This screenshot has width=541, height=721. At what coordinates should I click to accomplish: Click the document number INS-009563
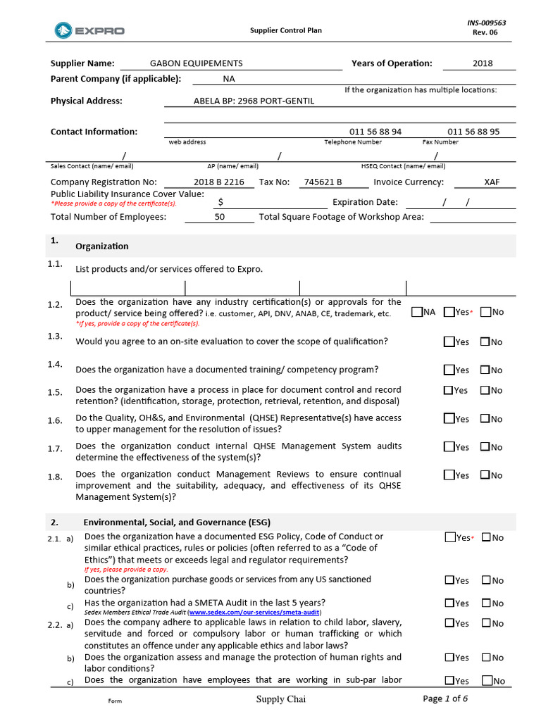(x=486, y=23)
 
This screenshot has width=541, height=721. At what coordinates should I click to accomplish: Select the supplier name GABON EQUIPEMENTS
(x=196, y=63)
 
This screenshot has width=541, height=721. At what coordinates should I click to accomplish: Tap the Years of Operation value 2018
(x=483, y=63)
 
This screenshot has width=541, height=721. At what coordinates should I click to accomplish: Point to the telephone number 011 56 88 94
(x=375, y=132)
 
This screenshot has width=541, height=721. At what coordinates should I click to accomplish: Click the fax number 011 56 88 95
(x=473, y=132)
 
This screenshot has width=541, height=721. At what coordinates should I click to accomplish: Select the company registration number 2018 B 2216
(x=219, y=182)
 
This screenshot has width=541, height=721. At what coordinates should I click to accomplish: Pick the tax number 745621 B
(x=323, y=182)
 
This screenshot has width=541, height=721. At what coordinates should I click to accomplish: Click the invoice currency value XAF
(x=492, y=182)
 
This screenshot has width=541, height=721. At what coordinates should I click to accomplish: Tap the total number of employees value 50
(x=220, y=217)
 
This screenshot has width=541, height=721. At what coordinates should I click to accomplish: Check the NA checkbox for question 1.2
(x=417, y=312)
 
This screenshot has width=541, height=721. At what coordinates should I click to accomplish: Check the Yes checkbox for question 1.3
(x=449, y=341)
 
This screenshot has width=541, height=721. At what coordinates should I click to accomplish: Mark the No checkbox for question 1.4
(x=485, y=370)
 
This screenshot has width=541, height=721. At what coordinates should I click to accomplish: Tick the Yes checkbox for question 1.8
(x=449, y=475)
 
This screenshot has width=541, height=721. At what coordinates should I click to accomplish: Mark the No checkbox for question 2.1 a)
(x=486, y=537)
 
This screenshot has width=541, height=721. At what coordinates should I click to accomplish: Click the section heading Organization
(x=102, y=246)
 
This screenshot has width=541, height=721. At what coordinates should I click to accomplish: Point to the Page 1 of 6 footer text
(x=445, y=698)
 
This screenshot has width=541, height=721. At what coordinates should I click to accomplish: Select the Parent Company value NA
(x=229, y=80)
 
